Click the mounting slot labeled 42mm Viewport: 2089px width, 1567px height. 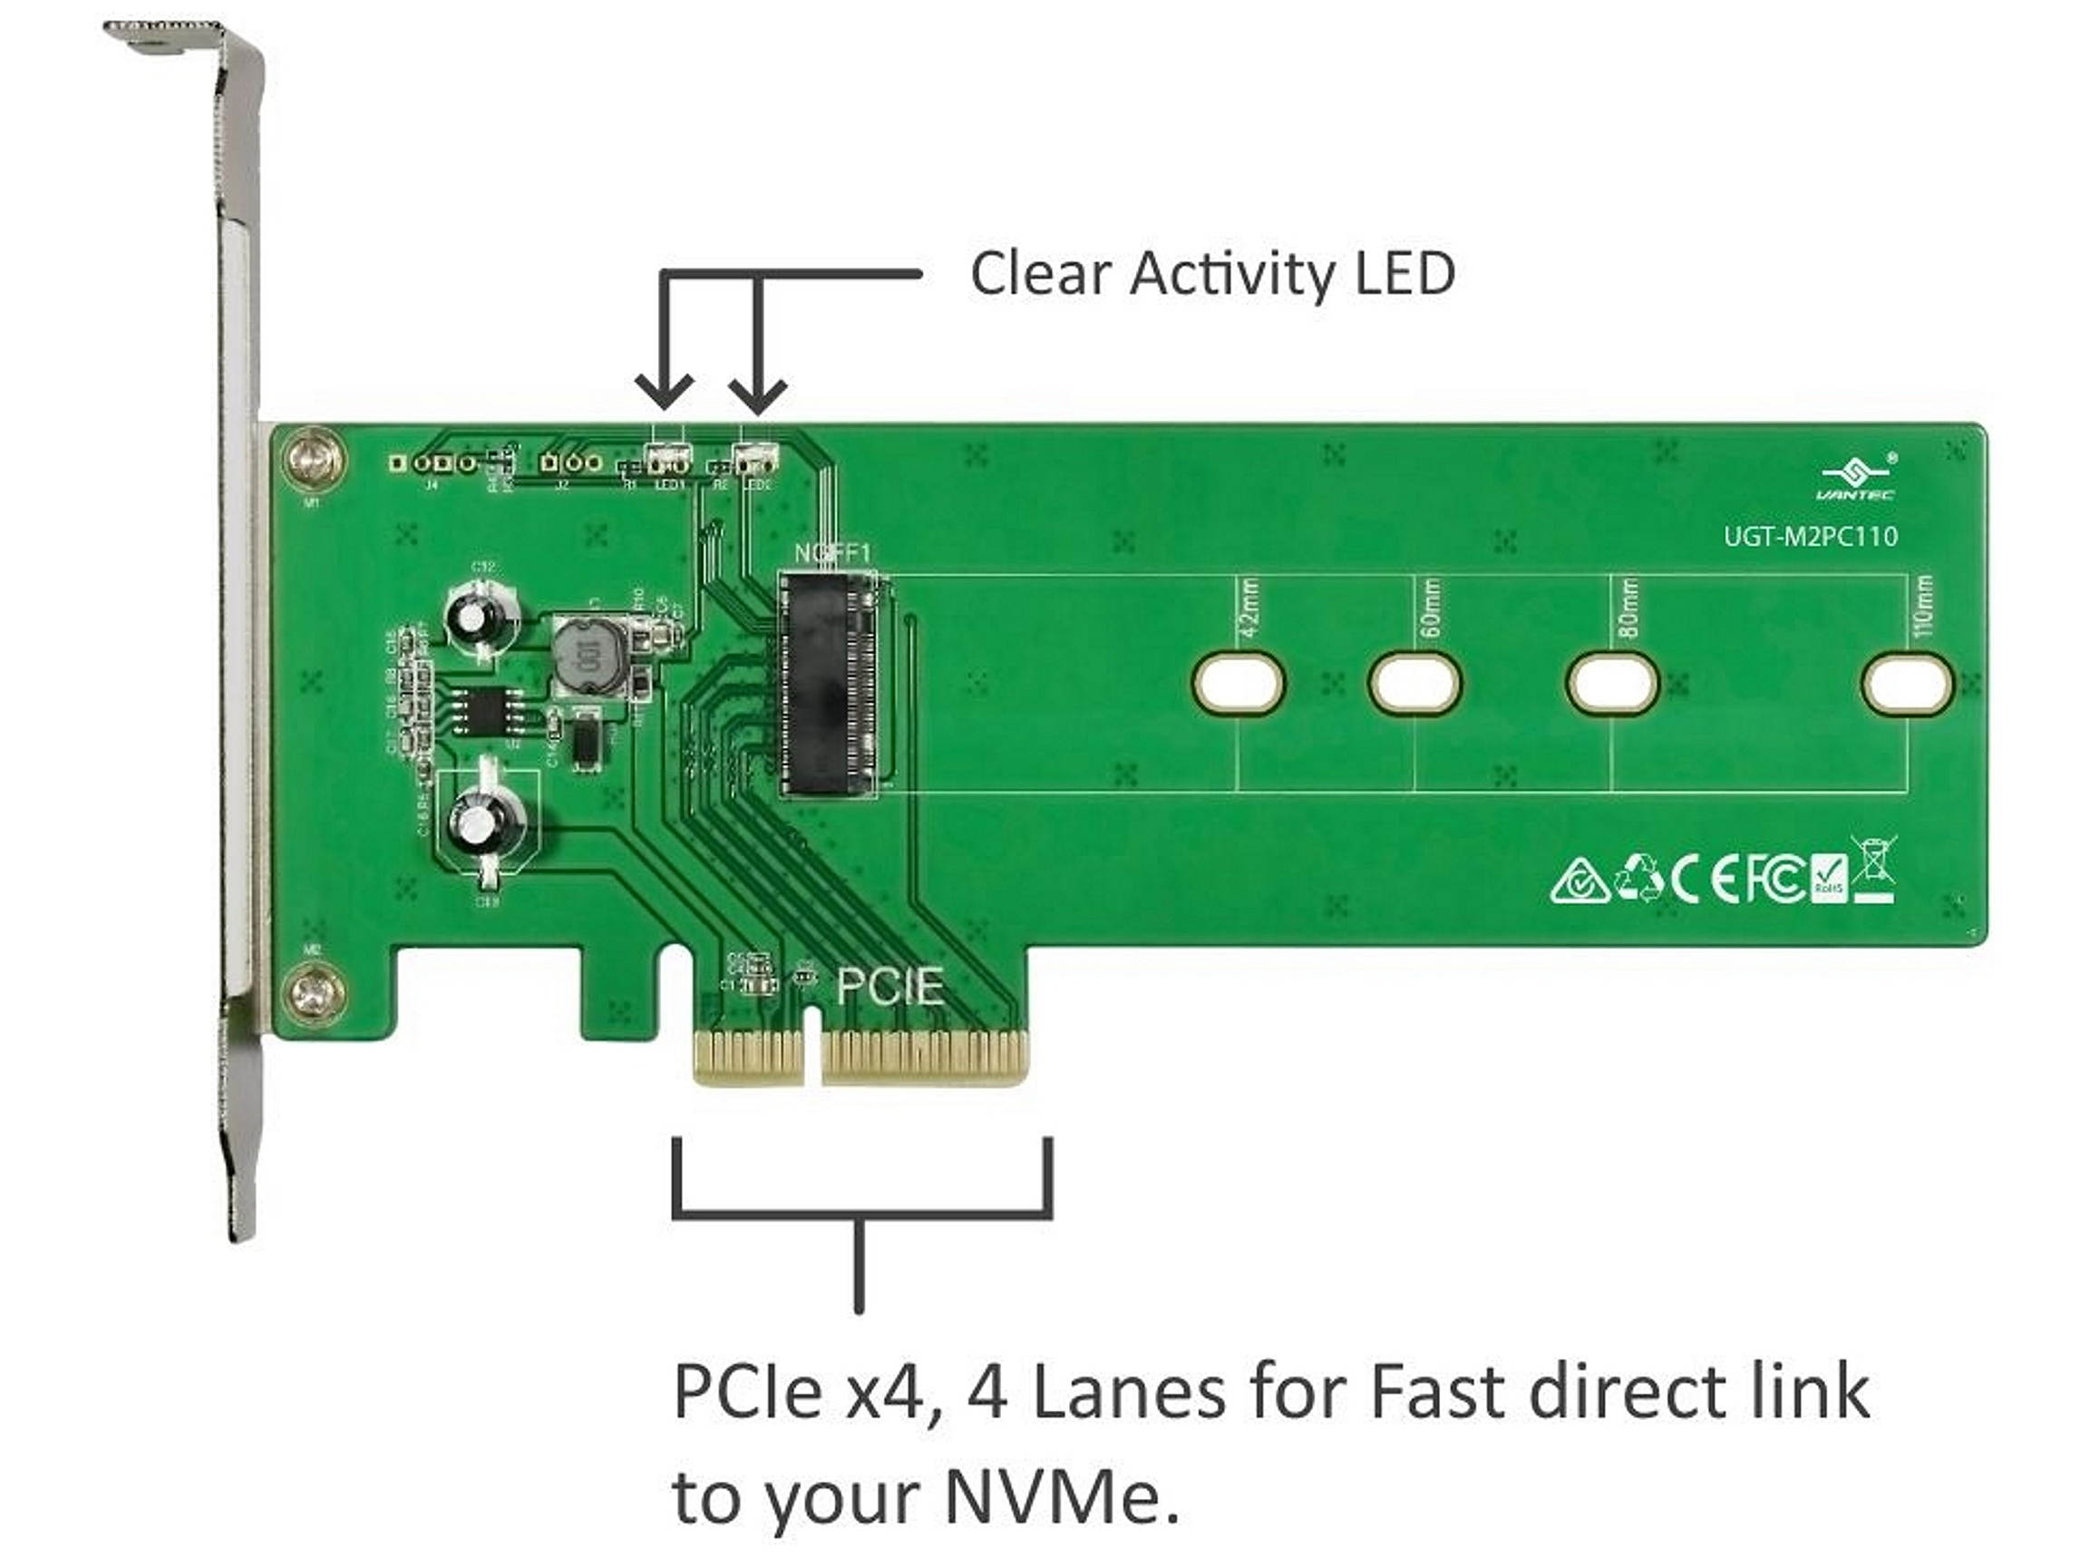pos(1239,682)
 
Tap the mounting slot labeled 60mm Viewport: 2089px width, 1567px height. pos(1414,682)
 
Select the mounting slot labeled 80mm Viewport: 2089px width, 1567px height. pos(1612,682)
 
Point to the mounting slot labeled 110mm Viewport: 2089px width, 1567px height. pos(1907,682)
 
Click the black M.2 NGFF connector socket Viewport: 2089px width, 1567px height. pos(826,684)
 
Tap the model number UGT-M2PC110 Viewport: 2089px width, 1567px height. pos(1811,537)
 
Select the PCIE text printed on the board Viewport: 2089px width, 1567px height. pos(889,986)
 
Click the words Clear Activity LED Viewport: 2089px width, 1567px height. pos(1211,274)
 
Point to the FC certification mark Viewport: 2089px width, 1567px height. pos(1775,879)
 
